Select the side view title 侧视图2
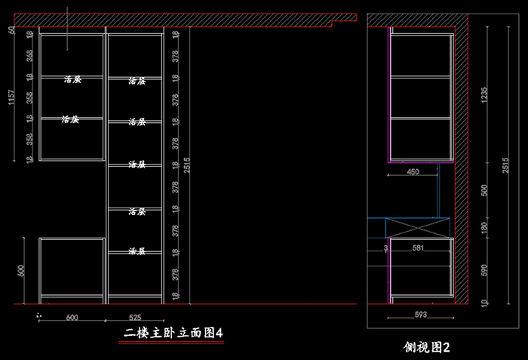click(x=427, y=348)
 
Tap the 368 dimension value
click(x=29, y=56)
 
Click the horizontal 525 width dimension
click(x=135, y=318)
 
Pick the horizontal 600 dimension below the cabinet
click(x=72, y=318)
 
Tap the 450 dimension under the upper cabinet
click(x=413, y=172)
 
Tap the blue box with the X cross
click(x=417, y=226)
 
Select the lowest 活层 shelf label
click(x=137, y=251)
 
